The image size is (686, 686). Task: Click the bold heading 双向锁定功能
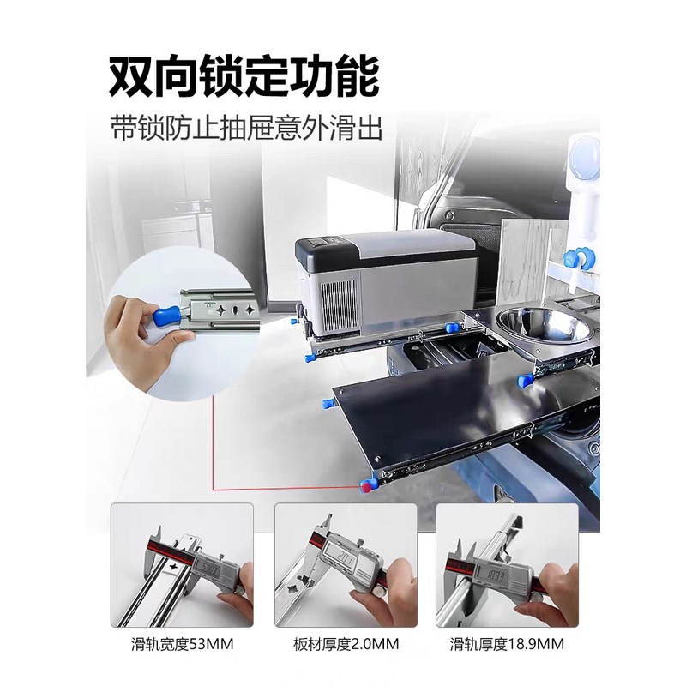[244, 76]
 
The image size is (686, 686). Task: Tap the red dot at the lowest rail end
[367, 486]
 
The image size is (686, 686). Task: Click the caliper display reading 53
[207, 569]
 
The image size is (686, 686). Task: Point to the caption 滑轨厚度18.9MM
[507, 642]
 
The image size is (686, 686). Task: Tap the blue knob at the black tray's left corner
[327, 403]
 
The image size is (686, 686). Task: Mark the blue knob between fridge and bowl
[452, 324]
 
